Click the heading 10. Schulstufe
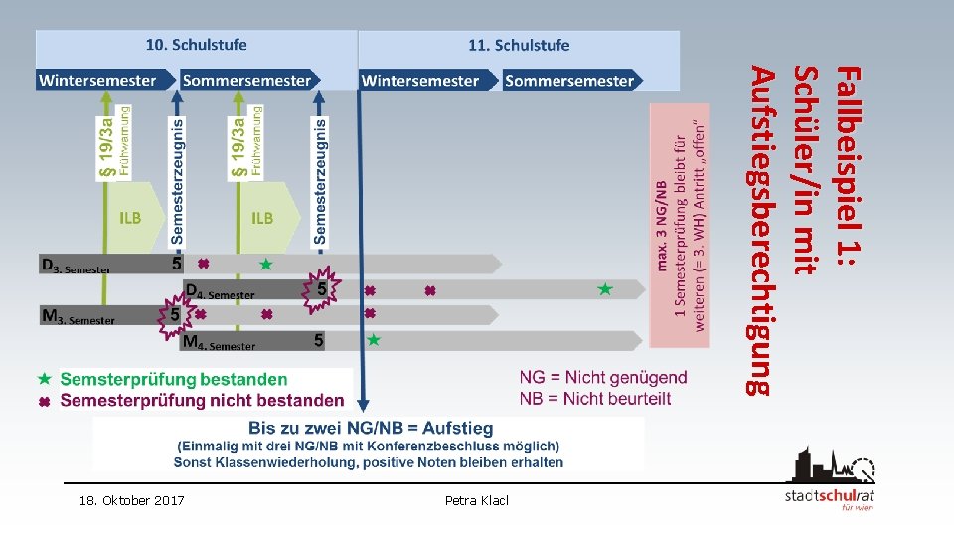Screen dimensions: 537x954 click(197, 45)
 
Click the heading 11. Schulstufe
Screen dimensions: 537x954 click(519, 45)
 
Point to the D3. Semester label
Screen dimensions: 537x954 click(76, 266)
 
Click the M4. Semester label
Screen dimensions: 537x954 click(218, 342)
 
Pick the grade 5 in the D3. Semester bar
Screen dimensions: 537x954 click(177, 264)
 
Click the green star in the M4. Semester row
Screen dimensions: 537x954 click(374, 340)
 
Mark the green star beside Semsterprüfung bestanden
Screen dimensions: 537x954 click(43, 379)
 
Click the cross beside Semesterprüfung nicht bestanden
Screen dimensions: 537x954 click(43, 401)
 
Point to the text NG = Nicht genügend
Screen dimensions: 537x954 click(602, 377)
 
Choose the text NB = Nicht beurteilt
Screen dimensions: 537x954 click(594, 398)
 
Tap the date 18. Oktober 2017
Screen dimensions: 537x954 click(131, 500)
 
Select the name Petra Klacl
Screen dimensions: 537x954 click(477, 500)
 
